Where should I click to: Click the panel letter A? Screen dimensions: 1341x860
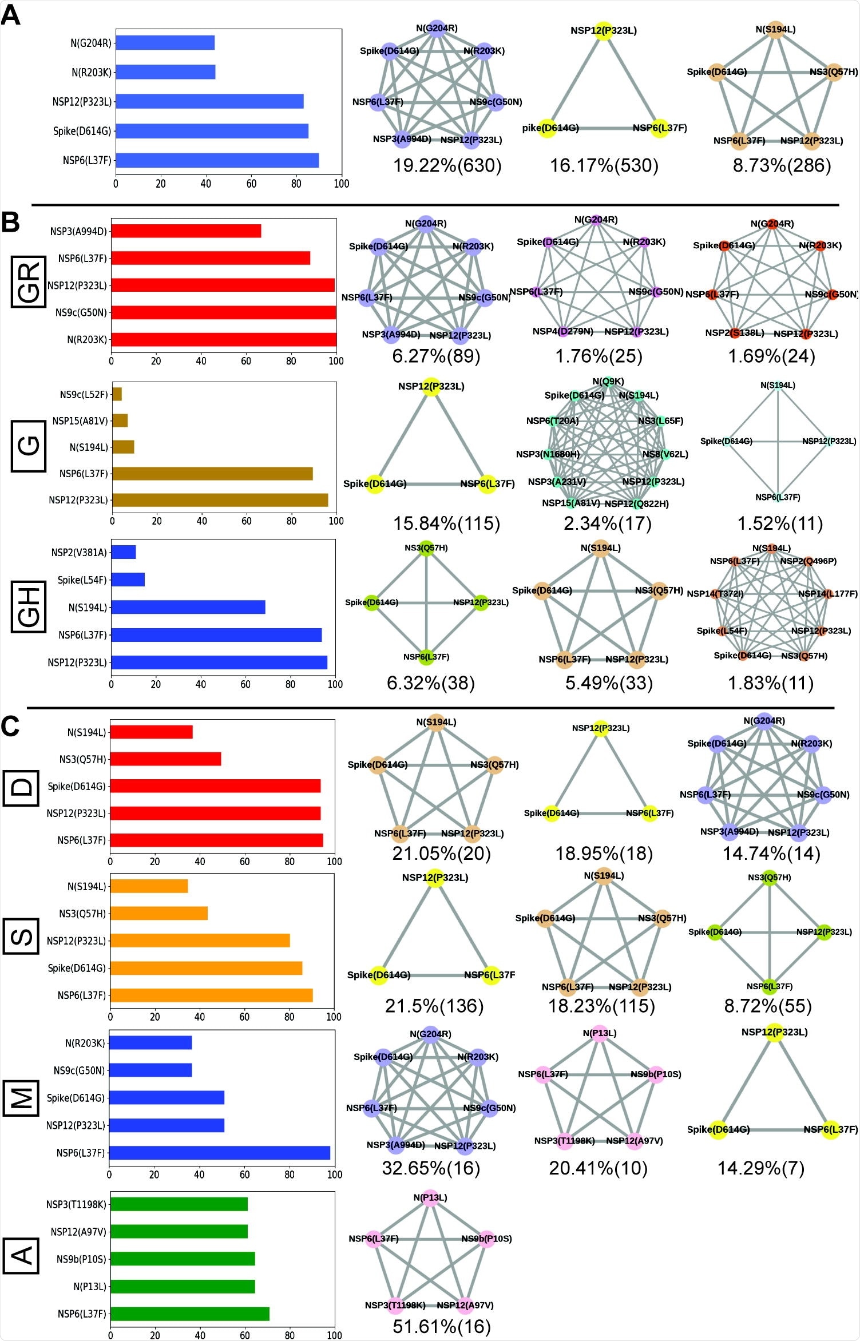click(10, 15)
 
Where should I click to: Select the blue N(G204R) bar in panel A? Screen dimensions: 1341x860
click(165, 43)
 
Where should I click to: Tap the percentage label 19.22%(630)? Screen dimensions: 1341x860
click(447, 166)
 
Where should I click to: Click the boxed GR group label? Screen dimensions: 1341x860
click(29, 282)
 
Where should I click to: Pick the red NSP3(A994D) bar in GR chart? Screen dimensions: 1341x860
click(186, 231)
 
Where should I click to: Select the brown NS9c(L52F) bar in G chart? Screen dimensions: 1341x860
click(117, 394)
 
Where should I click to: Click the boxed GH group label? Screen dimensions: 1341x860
click(29, 608)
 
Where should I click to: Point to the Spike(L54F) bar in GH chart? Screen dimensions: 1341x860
click(128, 580)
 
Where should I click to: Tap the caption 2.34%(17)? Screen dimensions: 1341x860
click(607, 523)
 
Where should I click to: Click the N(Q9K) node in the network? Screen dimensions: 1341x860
click(609, 382)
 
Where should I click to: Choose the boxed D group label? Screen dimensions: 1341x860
click(21, 788)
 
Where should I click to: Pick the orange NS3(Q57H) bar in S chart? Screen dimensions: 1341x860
click(158, 913)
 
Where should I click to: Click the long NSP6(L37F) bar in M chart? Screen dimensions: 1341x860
click(219, 1152)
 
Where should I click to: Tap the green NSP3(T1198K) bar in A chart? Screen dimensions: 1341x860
click(179, 1204)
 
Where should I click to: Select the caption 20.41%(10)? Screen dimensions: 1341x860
click(598, 1168)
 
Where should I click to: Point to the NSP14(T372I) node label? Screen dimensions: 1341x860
click(715, 594)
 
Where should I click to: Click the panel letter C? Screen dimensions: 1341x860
click(10, 727)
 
